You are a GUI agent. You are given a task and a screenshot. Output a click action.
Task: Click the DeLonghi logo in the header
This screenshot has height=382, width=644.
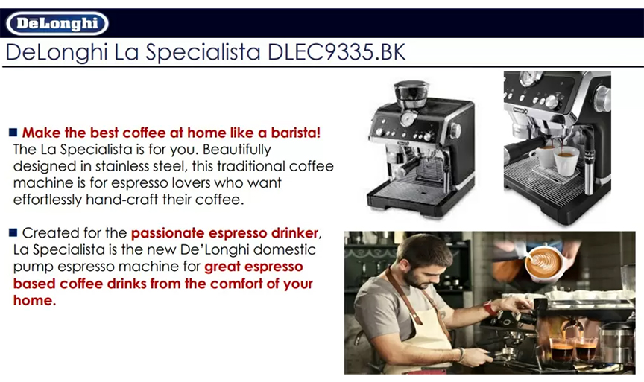coord(57,23)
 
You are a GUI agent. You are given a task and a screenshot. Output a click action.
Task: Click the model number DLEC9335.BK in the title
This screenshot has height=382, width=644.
coord(336,52)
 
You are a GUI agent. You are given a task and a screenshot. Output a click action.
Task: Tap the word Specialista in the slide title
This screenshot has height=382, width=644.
coord(203,53)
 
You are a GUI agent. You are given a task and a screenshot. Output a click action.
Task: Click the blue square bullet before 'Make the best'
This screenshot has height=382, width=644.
coord(13,132)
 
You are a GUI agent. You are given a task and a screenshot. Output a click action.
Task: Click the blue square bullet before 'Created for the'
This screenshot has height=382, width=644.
coord(13,232)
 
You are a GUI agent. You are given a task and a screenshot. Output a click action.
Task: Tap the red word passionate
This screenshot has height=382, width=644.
coord(168,233)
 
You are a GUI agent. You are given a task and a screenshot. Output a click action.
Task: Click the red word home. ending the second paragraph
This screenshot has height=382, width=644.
coord(34,300)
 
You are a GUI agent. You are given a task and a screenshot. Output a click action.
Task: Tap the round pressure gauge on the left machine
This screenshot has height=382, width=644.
coord(408,118)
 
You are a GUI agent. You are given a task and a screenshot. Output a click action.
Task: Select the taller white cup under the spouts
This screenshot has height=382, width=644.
coord(566,160)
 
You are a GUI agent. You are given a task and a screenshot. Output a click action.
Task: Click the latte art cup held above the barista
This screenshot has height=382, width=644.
coord(544,264)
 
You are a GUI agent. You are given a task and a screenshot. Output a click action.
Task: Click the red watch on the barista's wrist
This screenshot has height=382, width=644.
coord(488,308)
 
